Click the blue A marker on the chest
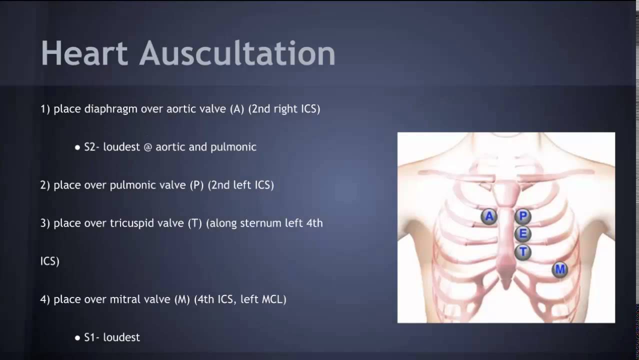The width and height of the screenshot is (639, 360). tap(489, 216)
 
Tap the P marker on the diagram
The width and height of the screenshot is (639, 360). tap(523, 216)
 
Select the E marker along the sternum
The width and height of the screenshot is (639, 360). tap(523, 234)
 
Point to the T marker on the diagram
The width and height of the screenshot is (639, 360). tap(523, 251)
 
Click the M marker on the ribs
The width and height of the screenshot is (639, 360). tap(559, 270)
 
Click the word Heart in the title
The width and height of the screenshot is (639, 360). tap(84, 53)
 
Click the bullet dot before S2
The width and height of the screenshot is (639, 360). tap(77, 148)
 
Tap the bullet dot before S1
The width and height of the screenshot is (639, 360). tap(77, 338)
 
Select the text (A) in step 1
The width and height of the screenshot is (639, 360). tap(237, 109)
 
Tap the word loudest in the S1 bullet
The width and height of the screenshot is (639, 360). tap(121, 337)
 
